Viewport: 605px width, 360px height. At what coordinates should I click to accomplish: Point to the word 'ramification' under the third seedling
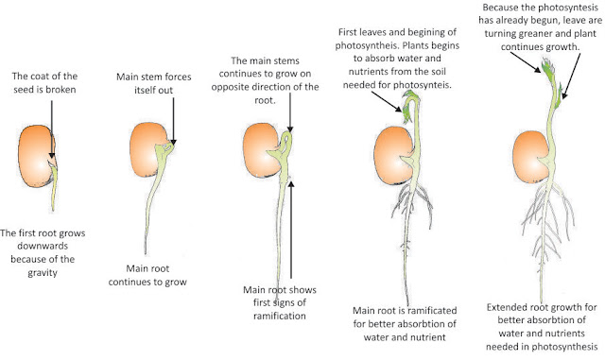point(279,317)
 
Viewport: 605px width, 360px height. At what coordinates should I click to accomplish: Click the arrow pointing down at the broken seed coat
point(53,128)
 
